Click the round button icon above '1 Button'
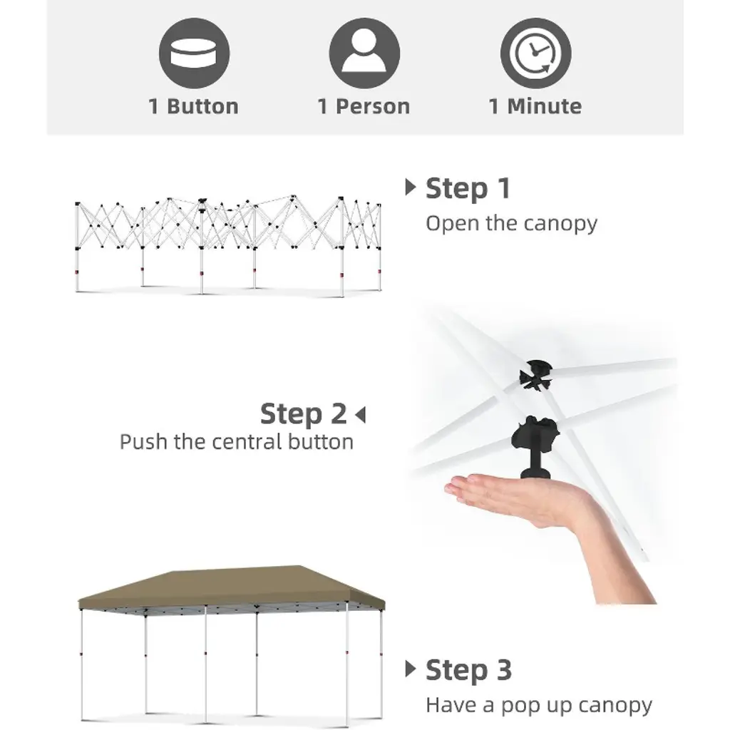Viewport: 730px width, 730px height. coord(194,53)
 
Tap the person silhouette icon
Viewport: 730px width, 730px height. coord(364,53)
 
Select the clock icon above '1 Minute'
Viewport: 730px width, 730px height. coord(535,53)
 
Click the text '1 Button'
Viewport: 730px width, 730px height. coord(194,107)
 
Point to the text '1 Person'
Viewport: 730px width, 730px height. coord(364,107)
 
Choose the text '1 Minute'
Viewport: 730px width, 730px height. coord(535,107)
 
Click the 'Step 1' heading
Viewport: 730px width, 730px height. coord(468,188)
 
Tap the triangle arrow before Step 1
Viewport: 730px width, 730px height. coord(410,187)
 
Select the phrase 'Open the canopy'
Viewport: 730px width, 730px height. coord(511,224)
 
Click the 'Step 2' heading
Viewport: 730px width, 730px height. coord(304,414)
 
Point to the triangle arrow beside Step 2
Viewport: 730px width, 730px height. coord(360,414)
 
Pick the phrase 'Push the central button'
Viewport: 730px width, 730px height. coord(237,442)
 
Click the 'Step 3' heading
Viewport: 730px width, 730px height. coord(469,670)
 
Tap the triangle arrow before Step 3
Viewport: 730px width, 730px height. coord(410,669)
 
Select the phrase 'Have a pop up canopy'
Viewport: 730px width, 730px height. coord(539,706)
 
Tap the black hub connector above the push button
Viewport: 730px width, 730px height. coord(536,375)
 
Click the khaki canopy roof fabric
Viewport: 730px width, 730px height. coord(232,587)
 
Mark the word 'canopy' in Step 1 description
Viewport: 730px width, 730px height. coord(560,225)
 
